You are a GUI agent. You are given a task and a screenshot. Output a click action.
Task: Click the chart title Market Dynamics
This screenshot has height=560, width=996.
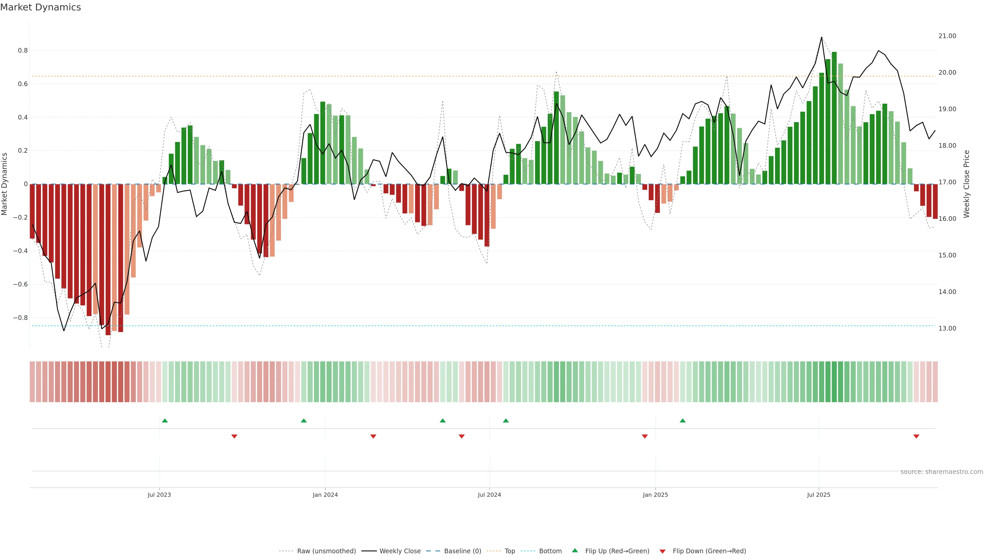41,7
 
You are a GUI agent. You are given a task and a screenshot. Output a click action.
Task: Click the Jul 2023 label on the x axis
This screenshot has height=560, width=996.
159,495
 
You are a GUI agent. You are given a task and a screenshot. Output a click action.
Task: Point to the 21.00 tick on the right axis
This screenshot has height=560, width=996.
947,36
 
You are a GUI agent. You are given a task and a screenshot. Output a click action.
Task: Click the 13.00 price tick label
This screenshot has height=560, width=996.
947,328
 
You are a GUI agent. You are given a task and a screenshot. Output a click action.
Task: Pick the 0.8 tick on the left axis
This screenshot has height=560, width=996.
23,50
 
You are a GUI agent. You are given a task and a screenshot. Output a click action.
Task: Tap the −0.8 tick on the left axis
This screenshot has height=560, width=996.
20,318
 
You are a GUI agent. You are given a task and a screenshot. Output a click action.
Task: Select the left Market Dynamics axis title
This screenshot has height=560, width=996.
5,184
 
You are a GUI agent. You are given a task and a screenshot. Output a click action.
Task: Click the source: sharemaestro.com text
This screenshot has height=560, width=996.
942,472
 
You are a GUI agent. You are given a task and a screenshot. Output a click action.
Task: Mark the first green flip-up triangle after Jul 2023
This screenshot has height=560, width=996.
165,421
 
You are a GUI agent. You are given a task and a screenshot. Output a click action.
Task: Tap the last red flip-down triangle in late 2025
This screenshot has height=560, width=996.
916,436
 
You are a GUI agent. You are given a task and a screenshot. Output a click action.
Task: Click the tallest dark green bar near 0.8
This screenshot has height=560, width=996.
834,116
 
